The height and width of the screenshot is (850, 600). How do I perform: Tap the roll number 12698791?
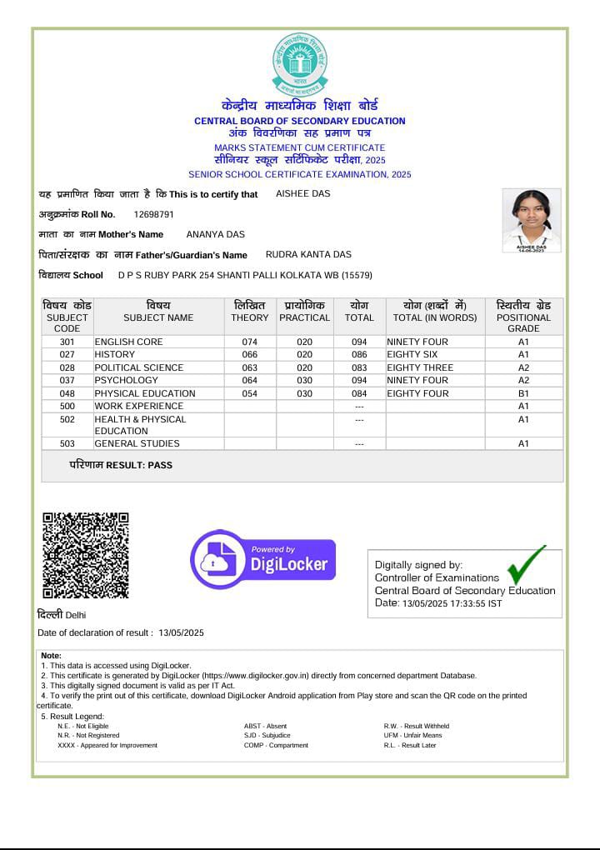pyautogui.click(x=154, y=214)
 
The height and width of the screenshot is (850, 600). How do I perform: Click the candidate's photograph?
pyautogui.click(x=531, y=219)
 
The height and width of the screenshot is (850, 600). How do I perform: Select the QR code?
pyautogui.click(x=86, y=555)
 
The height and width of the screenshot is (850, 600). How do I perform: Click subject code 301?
pyautogui.click(x=67, y=342)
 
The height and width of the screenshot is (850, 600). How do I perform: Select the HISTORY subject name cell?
pyautogui.click(x=115, y=355)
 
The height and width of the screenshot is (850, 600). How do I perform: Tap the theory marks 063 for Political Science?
pyautogui.click(x=250, y=367)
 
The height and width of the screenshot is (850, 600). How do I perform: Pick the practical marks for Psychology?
pyautogui.click(x=305, y=380)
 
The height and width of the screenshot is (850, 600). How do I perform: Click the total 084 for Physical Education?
pyautogui.click(x=359, y=393)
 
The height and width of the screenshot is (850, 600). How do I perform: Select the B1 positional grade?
pyautogui.click(x=523, y=393)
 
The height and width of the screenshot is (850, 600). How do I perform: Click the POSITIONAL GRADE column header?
pyautogui.click(x=523, y=317)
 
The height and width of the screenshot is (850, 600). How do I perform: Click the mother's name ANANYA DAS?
pyautogui.click(x=215, y=234)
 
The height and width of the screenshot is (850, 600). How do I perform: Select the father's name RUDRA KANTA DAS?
pyautogui.click(x=308, y=254)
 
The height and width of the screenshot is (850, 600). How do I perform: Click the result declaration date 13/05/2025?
pyautogui.click(x=181, y=633)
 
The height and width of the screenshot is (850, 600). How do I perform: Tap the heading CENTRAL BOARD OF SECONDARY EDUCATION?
pyautogui.click(x=300, y=121)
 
